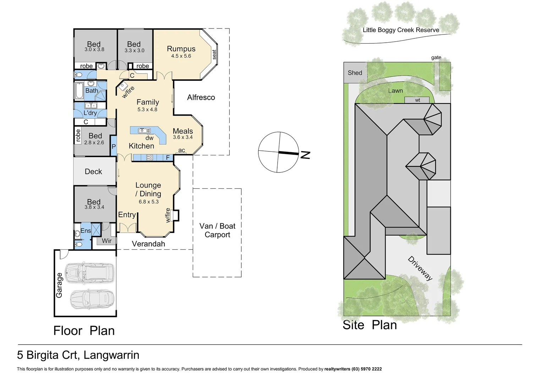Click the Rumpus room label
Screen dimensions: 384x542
tap(181, 49)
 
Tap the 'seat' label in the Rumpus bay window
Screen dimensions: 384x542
tap(214, 55)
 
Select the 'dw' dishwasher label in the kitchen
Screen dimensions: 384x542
tap(149, 138)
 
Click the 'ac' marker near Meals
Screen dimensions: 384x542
tap(181, 150)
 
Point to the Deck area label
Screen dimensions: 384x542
tap(93, 172)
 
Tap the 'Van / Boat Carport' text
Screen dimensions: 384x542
tap(217, 230)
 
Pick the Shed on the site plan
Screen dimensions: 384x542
tap(355, 73)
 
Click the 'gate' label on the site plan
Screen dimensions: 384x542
tap(436, 58)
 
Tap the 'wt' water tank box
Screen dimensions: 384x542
tap(417, 100)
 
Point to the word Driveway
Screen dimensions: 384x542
tap(420, 268)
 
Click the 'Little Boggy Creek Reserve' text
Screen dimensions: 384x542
tap(401, 30)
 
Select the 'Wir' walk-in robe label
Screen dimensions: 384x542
tap(106, 241)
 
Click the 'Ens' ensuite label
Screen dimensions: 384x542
tap(86, 231)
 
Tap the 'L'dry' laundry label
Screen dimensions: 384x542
tap(90, 113)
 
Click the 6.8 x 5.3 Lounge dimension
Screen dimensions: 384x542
tap(148, 202)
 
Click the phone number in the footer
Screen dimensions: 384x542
tap(367, 369)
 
